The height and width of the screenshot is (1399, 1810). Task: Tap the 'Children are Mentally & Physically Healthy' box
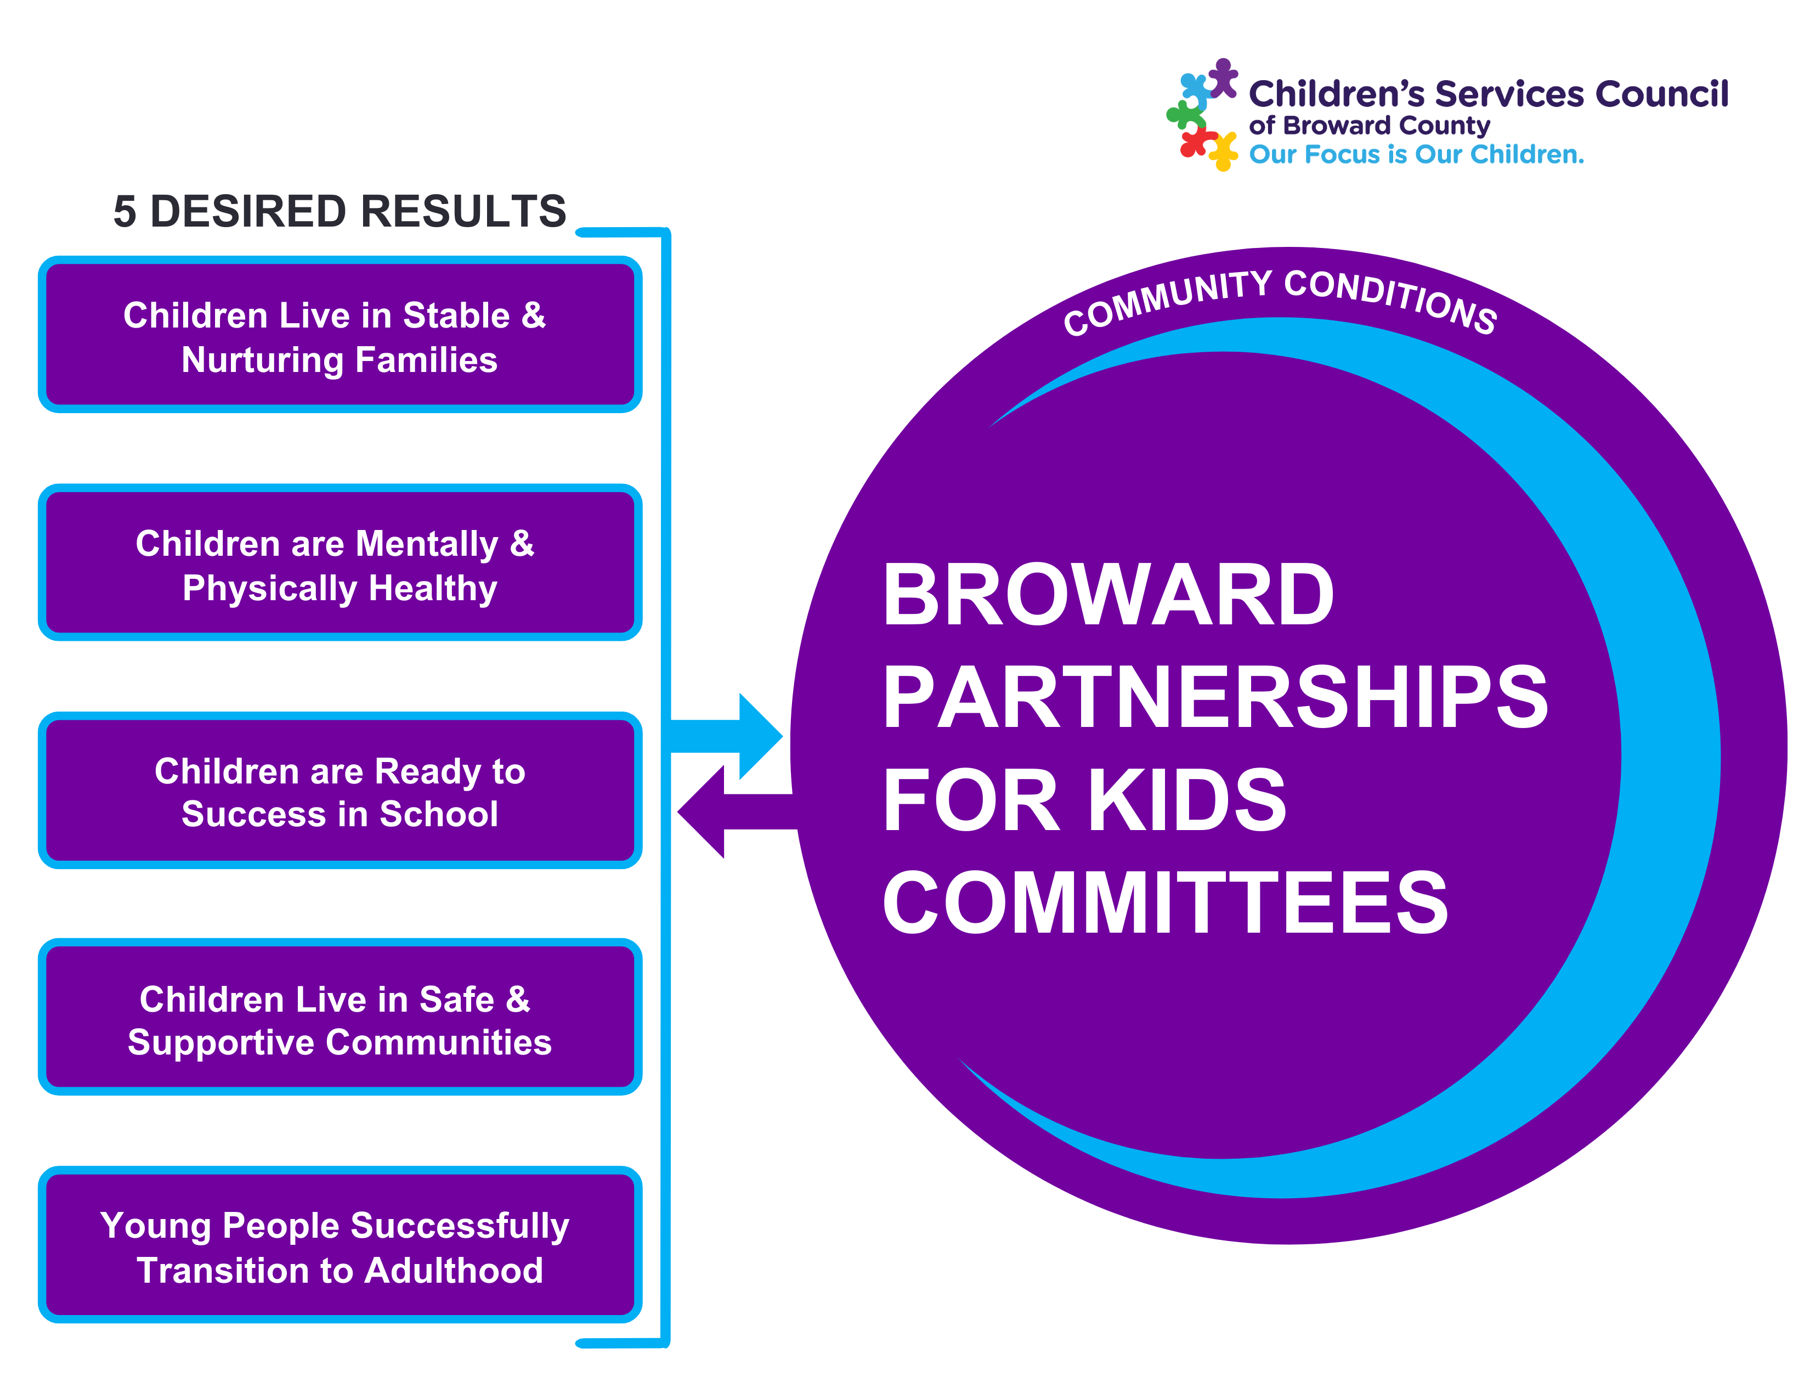340,563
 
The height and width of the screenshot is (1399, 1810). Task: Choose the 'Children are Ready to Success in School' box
340,792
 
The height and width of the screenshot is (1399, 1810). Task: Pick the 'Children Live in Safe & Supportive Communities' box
340,1019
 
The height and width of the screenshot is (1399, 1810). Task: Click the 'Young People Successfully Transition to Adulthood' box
340,1246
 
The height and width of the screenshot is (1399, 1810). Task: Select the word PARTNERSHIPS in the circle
1215,698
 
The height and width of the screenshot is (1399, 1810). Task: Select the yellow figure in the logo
1223,151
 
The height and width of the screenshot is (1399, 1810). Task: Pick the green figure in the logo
1186,114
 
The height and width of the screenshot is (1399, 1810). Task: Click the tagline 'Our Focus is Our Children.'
1416,154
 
